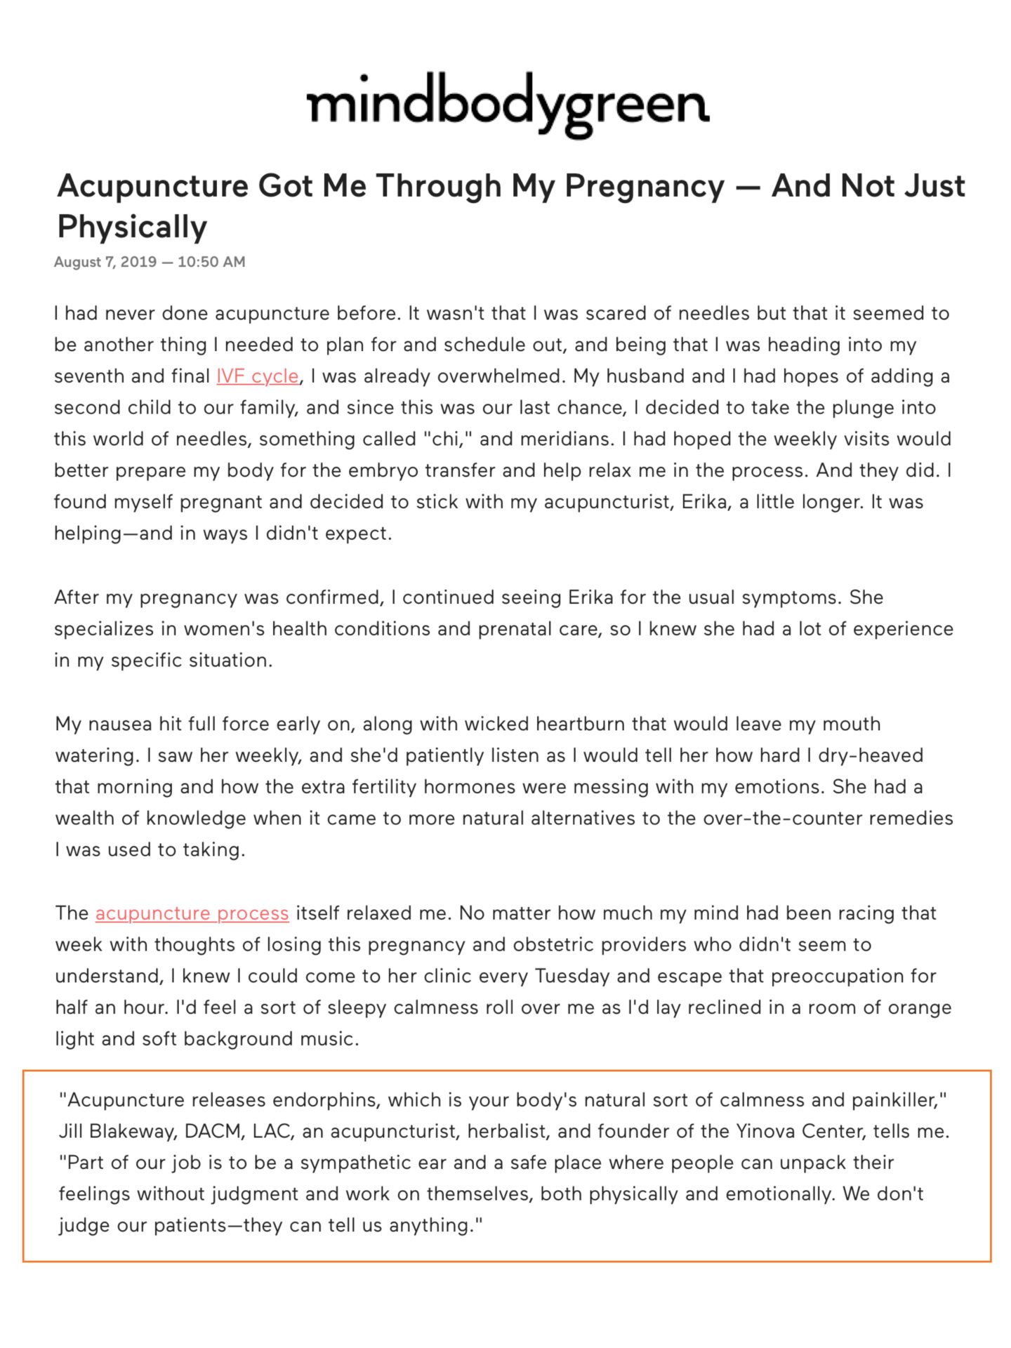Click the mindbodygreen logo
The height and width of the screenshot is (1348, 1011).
[508, 105]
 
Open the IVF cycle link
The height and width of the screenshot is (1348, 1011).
[257, 376]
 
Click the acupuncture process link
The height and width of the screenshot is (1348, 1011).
[192, 913]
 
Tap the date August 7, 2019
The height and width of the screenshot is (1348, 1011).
[105, 262]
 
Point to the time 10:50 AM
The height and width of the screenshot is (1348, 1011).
[211, 262]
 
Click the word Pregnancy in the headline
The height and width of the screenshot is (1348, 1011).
[644, 186]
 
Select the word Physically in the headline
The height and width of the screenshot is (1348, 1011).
[132, 227]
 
